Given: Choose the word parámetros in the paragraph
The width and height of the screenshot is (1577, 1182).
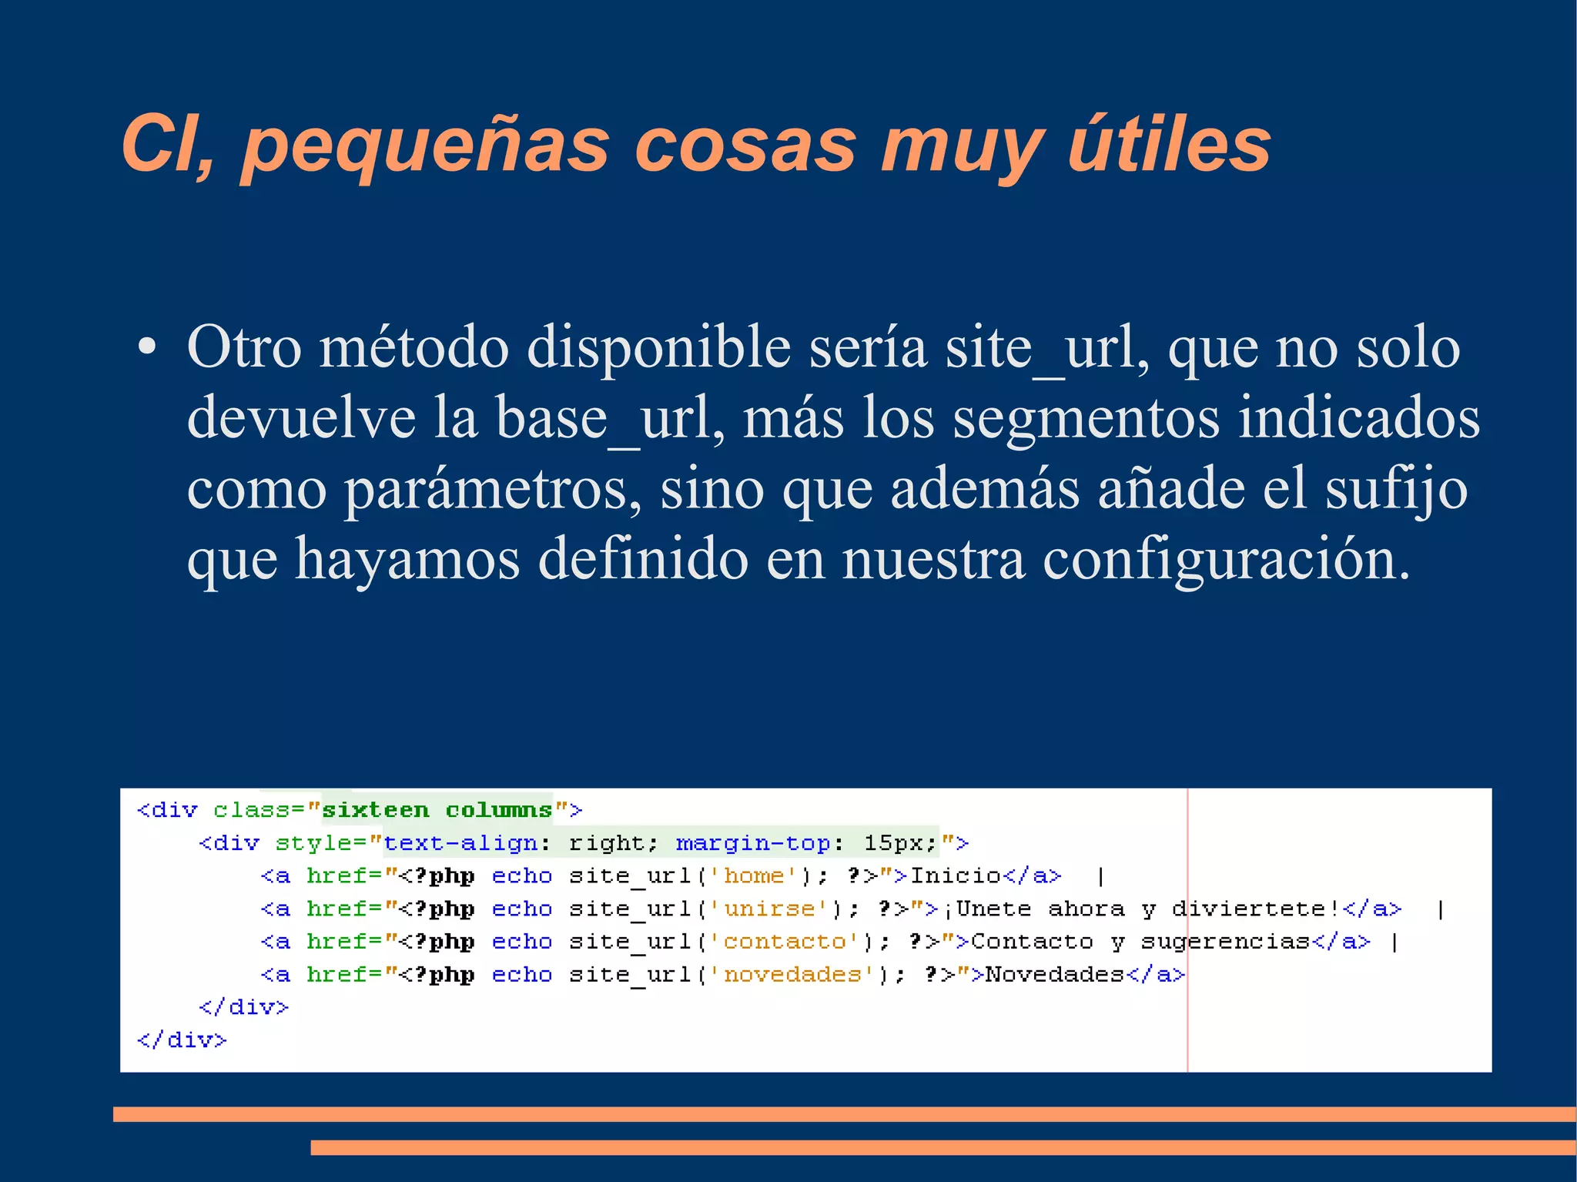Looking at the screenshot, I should tap(491, 490).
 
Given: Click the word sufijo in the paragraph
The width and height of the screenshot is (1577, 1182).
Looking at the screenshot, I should tap(1396, 490).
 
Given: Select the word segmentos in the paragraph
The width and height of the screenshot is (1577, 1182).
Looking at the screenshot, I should tap(1086, 418).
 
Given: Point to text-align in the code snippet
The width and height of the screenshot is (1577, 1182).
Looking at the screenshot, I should tap(460, 843).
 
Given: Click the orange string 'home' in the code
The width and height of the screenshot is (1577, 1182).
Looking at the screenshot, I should tap(754, 876).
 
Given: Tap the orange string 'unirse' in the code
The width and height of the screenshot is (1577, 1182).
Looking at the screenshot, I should tap(769, 909).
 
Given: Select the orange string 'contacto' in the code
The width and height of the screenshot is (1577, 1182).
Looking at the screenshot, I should tap(785, 942).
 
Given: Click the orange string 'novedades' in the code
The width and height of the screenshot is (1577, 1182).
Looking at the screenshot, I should tap(792, 975).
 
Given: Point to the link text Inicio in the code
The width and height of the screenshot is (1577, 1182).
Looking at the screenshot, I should tap(956, 876).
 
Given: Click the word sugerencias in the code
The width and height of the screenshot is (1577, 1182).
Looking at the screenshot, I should tap(1226, 942).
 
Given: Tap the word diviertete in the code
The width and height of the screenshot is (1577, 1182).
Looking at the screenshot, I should tap(1249, 909).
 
